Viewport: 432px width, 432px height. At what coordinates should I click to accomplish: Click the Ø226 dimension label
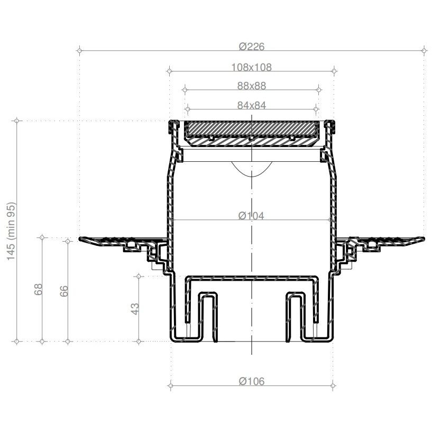click(x=252, y=47)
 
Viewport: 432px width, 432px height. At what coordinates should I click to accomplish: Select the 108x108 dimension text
click(x=252, y=67)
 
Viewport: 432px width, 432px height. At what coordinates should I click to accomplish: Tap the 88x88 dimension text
click(x=252, y=86)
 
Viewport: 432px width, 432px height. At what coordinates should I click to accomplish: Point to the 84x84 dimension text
click(x=252, y=105)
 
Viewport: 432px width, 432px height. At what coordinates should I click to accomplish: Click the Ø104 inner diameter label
click(x=251, y=215)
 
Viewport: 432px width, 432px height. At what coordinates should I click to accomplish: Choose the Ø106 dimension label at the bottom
click(x=252, y=381)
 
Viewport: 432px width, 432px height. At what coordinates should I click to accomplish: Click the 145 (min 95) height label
click(x=11, y=231)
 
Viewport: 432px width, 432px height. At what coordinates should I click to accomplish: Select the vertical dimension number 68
click(x=38, y=289)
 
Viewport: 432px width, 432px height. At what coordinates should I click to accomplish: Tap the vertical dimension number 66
click(x=64, y=291)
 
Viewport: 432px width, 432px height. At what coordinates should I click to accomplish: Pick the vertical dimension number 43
click(x=135, y=309)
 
